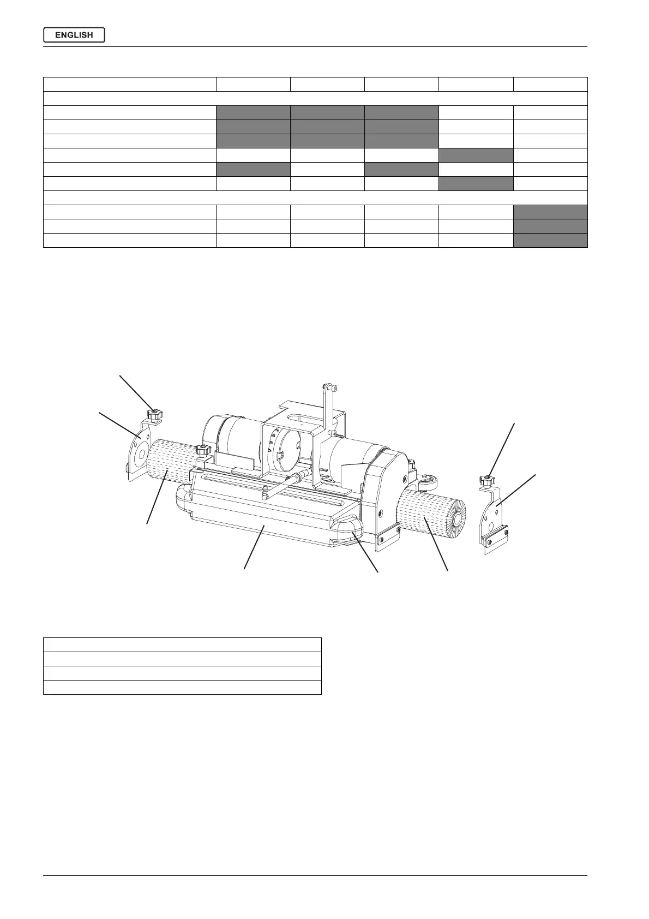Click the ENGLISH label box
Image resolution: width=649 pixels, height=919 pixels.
click(x=74, y=35)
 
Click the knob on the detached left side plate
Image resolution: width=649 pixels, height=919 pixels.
click(x=155, y=414)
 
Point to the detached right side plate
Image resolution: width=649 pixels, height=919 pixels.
click(x=495, y=519)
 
